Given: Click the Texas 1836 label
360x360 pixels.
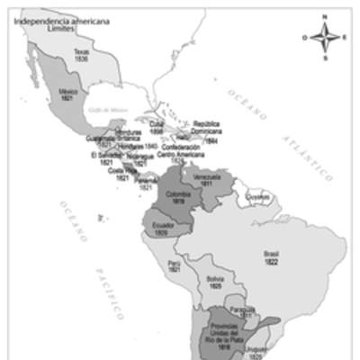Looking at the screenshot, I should tap(83, 56).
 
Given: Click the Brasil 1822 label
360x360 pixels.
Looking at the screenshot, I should tap(271, 257).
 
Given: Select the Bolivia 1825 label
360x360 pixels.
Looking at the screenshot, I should tap(214, 283).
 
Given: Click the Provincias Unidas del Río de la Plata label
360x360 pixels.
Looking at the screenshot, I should tap(223, 333).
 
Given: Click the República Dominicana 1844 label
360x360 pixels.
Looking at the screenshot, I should tap(207, 132).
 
